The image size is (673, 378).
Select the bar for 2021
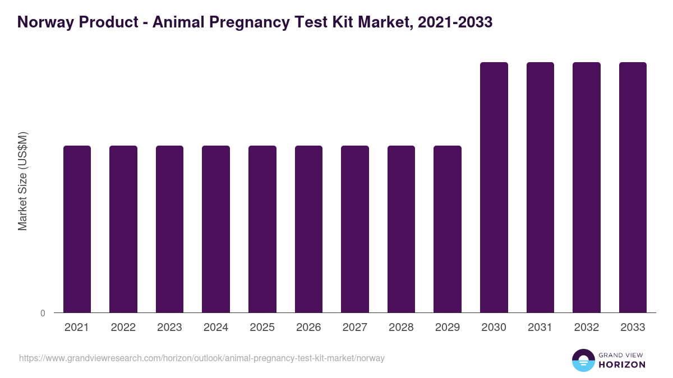point(77,229)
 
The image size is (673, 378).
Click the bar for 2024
point(216,229)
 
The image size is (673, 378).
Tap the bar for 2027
point(355,229)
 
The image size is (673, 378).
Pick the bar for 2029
point(448,229)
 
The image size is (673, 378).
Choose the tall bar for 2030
point(494,188)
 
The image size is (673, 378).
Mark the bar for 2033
point(633,188)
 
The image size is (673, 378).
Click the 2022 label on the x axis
point(123,328)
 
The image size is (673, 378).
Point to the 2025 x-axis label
point(262,328)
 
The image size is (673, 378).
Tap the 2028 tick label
point(402,328)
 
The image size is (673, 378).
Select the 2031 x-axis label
point(541,328)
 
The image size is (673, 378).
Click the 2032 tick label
point(587,328)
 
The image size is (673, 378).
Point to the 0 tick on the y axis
point(43,313)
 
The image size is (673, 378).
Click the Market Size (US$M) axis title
point(22,181)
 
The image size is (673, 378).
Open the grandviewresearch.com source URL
point(202,358)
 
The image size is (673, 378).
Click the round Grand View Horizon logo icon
point(583,361)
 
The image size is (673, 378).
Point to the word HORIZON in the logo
point(622,365)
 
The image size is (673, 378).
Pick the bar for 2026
point(309,229)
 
